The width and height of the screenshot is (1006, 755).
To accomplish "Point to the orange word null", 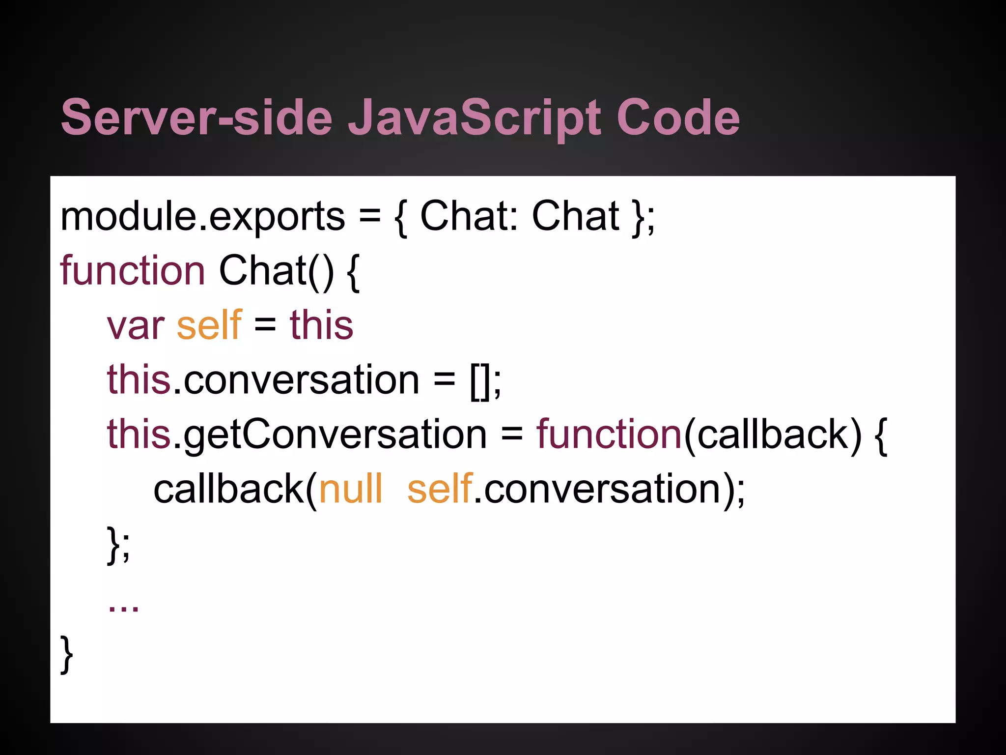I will [351, 489].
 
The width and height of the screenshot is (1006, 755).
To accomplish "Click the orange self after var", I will [209, 325].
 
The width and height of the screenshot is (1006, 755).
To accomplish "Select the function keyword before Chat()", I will [132, 271].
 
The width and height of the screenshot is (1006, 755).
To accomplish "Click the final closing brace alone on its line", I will [67, 654].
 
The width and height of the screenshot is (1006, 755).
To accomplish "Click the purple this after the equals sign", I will [321, 325].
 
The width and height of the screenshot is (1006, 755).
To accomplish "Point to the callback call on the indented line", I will [228, 489].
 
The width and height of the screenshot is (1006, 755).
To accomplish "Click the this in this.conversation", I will [139, 380].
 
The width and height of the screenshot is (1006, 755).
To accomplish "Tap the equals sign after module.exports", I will [369, 217].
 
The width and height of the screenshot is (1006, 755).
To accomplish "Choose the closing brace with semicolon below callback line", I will [118, 544].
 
